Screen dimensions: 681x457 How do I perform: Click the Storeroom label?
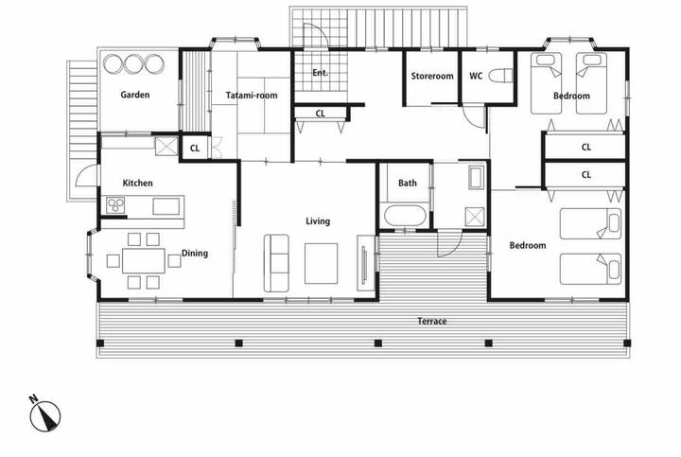[432, 76]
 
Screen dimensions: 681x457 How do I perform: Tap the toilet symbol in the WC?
[500, 76]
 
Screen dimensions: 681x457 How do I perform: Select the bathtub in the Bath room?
[405, 216]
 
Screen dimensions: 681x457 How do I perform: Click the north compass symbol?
[44, 414]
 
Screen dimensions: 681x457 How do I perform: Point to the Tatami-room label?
[252, 96]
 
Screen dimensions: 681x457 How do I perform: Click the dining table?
[144, 260]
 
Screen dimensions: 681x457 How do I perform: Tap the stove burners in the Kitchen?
[115, 205]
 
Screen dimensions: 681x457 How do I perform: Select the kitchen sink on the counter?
[166, 206]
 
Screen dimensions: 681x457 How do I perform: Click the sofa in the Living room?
[276, 263]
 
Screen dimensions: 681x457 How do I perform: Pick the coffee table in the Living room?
[321, 264]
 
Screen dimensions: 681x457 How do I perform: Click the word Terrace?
[431, 322]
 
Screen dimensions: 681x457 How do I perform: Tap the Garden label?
[135, 95]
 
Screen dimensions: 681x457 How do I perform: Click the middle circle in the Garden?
[134, 63]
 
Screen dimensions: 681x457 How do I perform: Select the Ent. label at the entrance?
[320, 73]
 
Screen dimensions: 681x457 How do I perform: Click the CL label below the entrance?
[320, 114]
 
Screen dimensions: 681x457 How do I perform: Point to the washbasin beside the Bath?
[477, 178]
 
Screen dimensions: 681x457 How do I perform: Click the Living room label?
[318, 221]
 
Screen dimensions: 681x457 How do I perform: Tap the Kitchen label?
[138, 183]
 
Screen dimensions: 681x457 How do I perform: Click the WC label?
[476, 76]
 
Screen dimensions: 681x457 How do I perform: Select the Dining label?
[195, 254]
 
